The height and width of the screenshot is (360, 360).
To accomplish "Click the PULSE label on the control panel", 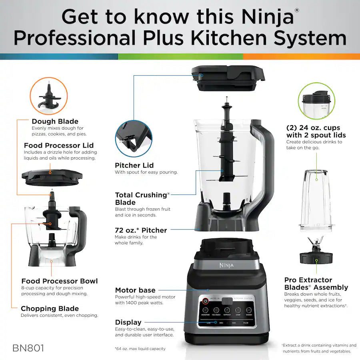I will point(246,322).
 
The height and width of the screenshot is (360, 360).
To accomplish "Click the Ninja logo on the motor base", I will point(226,265).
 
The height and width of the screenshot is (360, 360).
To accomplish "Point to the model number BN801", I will point(28,348).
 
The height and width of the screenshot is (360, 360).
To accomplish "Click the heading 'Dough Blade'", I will point(55,121).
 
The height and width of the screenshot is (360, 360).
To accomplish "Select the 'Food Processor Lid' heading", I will point(59,145).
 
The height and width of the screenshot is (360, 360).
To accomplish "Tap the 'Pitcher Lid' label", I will point(134,165).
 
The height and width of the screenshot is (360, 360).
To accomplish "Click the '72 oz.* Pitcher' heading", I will point(141,230).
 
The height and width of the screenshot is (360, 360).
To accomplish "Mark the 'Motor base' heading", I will point(135,290).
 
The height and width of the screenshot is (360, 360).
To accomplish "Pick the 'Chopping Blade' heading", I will point(50,308).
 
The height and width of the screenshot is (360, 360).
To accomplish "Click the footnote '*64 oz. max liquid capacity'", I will point(140,349).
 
